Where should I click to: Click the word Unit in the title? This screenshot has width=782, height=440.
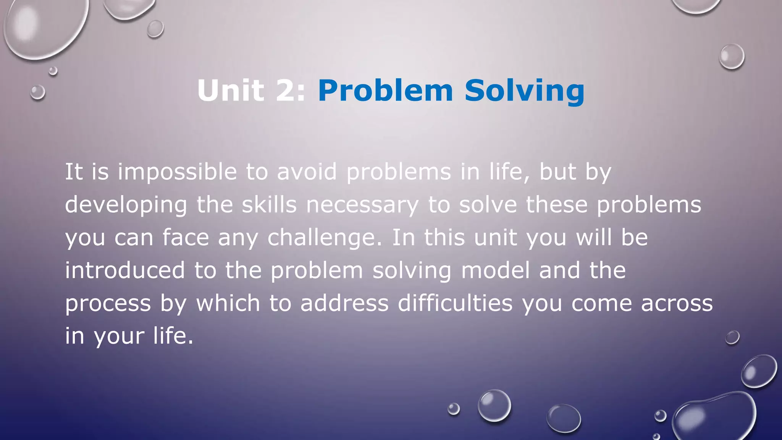coord(231,91)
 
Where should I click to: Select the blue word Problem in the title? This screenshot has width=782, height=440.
coord(385,91)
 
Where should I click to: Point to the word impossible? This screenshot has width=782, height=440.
coord(177,172)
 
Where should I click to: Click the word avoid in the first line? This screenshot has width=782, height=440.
coord(307,171)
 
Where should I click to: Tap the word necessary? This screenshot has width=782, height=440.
coord(362,205)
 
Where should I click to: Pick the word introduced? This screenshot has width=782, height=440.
coord(125,270)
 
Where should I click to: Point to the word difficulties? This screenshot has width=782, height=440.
coord(455,303)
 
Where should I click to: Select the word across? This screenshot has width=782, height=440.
coord(677,303)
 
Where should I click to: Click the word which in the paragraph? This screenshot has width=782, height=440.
coord(228,303)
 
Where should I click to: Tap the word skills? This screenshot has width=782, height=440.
coord(269,205)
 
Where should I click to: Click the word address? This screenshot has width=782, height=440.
coord(344,303)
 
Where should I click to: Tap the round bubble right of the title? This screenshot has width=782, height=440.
coord(732,57)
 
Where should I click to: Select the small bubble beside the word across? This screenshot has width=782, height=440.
coord(732,337)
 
